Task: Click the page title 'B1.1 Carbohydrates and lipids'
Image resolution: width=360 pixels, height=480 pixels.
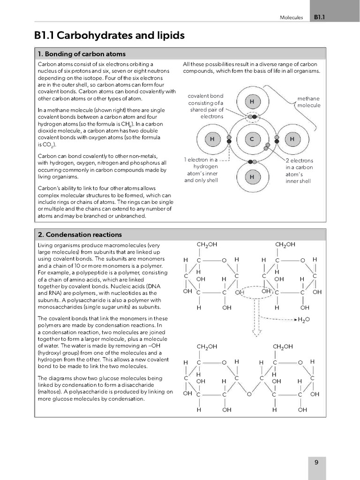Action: (x=109, y=36)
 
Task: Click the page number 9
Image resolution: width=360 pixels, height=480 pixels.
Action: (x=316, y=462)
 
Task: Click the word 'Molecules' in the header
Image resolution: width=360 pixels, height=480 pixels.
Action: (x=292, y=17)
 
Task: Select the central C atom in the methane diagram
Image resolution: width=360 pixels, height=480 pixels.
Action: (x=252, y=139)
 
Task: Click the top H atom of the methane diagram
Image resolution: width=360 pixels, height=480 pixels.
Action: (x=252, y=102)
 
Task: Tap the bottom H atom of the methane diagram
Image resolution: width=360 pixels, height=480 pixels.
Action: (x=252, y=177)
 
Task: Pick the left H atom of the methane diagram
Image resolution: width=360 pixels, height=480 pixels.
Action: (x=212, y=139)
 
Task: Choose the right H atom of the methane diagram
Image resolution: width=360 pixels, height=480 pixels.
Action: (x=292, y=139)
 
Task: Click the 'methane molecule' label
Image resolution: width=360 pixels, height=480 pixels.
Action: (x=308, y=102)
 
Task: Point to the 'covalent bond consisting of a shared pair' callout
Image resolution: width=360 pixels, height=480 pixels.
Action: (x=206, y=106)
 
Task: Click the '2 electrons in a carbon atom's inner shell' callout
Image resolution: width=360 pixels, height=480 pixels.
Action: (x=299, y=171)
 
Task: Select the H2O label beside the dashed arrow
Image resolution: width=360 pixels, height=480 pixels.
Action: (x=304, y=320)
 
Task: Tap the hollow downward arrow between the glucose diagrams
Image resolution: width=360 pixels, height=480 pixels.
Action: (x=256, y=330)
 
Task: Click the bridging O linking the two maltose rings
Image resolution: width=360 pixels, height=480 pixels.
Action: (x=249, y=394)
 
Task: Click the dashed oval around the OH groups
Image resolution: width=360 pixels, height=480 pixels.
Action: (x=253, y=292)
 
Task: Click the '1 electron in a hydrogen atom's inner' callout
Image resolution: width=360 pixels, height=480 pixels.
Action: (x=201, y=170)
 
